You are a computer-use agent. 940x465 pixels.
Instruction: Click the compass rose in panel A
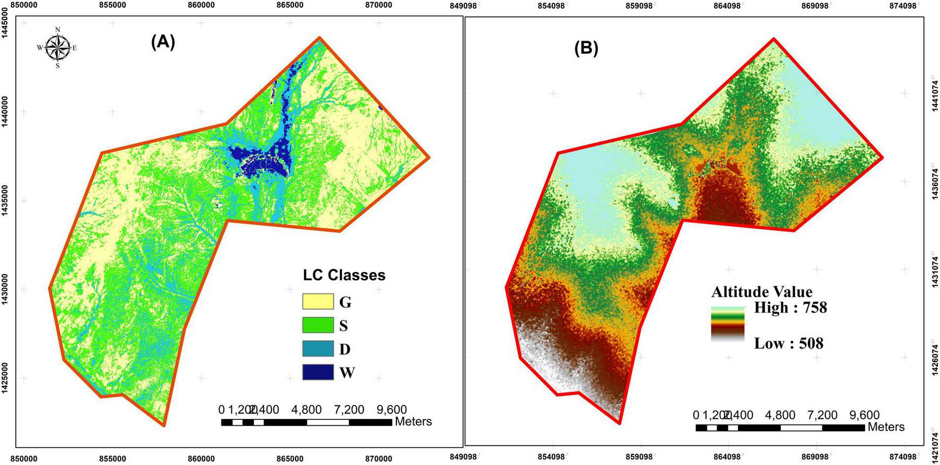pyautogui.click(x=57, y=47)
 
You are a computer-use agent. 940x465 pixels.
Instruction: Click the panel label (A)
pyautogui.click(x=162, y=42)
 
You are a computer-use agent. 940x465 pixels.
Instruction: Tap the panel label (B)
pyautogui.click(x=586, y=48)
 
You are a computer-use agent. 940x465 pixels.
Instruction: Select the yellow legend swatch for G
pyautogui.click(x=318, y=302)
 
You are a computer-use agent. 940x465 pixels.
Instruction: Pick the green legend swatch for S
pyautogui.click(x=318, y=325)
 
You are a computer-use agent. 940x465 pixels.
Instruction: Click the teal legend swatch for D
pyautogui.click(x=318, y=349)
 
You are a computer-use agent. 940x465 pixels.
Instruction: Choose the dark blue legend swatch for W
pyautogui.click(x=318, y=372)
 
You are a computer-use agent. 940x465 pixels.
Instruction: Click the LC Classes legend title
pyautogui.click(x=344, y=275)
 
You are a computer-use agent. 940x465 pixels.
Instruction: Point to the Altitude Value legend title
pyautogui.click(x=761, y=291)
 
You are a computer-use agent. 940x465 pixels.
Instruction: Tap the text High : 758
pyautogui.click(x=790, y=307)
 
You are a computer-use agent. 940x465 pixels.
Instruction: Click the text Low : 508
pyautogui.click(x=788, y=343)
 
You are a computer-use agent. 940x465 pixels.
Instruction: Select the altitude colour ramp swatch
pyautogui.click(x=728, y=325)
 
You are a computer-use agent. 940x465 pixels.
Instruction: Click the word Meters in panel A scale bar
pyautogui.click(x=413, y=422)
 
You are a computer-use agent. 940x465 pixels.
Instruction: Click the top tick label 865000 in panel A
pyautogui.click(x=290, y=5)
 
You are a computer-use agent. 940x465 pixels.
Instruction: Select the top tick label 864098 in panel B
pyautogui.click(x=728, y=5)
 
